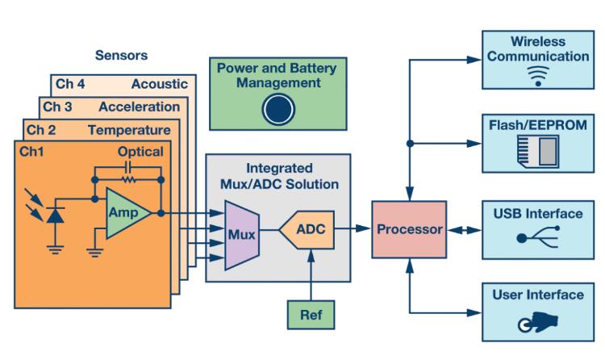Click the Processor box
tap(409, 229)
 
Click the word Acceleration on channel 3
tap(140, 107)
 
